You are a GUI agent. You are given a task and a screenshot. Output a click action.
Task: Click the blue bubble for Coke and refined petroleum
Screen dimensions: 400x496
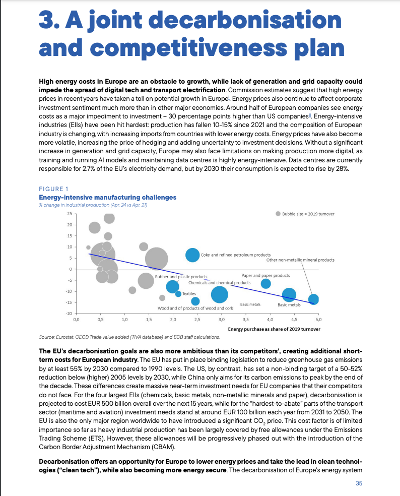tap(192, 255)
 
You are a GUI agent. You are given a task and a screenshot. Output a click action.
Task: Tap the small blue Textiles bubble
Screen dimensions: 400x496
tap(178, 294)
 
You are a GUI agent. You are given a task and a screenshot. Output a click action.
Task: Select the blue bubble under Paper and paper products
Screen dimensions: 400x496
tap(265, 283)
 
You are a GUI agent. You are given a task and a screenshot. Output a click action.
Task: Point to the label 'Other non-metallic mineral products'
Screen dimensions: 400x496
tap(300, 260)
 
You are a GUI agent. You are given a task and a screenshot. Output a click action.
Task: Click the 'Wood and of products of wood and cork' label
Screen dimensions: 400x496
tap(195, 308)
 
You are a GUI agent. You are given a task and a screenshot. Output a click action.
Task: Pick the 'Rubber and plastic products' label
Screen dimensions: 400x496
tap(181, 277)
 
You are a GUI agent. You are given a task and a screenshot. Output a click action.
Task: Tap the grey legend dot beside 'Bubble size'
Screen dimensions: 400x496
tap(278, 214)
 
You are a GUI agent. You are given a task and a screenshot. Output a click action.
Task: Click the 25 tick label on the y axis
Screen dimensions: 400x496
tap(70, 214)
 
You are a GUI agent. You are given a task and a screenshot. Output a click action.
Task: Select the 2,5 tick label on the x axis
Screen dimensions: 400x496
tap(197, 320)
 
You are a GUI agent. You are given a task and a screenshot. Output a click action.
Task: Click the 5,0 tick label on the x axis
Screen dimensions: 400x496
tap(318, 320)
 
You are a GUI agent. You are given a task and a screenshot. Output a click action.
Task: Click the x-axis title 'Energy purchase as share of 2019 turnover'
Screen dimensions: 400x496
tap(274, 329)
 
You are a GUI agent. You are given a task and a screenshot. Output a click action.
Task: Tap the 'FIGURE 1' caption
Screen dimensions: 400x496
tap(53, 189)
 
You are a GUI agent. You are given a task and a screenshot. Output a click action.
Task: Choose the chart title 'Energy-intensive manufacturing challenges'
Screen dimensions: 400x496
tap(107, 198)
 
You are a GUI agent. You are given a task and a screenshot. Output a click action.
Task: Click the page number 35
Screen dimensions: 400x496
tap(359, 483)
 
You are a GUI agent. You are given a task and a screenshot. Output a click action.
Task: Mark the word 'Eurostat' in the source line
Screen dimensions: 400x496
tap(65, 337)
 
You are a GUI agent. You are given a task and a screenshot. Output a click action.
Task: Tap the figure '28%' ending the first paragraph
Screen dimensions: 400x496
tap(342, 168)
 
